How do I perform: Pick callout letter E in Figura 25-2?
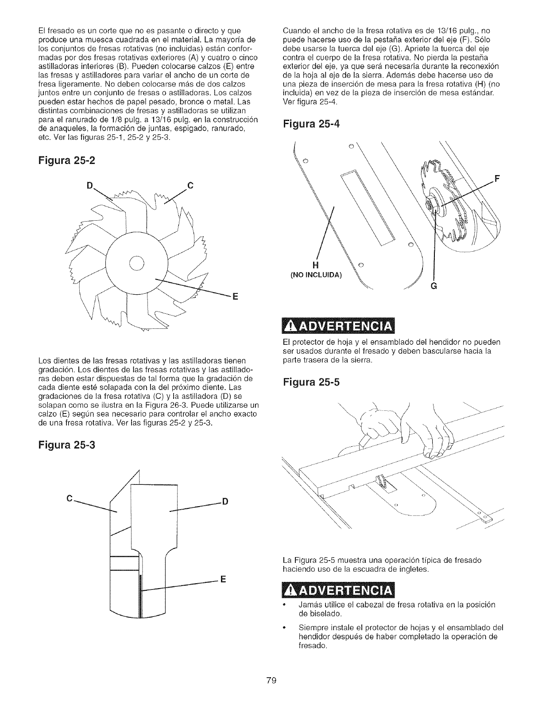[x=235, y=296]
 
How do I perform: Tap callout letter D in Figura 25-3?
[x=225, y=502]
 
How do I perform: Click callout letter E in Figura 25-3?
[x=223, y=580]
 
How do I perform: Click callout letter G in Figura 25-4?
[x=434, y=286]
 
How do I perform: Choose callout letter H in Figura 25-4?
[x=316, y=265]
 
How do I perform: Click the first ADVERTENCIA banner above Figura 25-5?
[x=338, y=326]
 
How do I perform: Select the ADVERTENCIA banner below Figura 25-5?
[x=338, y=590]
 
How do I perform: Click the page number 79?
[x=271, y=681]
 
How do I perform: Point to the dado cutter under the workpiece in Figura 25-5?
[x=381, y=482]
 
